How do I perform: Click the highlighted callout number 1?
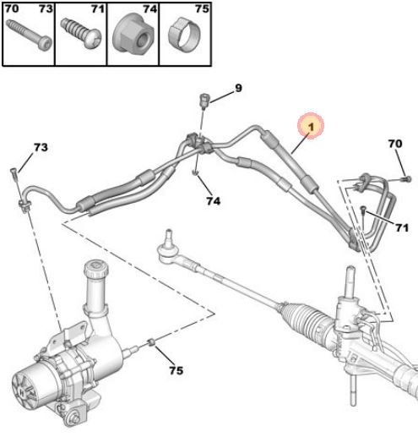click(x=311, y=126)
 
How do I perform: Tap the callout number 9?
click(x=238, y=88)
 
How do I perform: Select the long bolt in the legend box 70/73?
click(x=29, y=35)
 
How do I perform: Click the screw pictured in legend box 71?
click(x=81, y=34)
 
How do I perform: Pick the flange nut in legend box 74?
click(x=133, y=33)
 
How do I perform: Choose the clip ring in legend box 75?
click(x=184, y=35)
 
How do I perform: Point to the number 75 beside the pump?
click(x=176, y=370)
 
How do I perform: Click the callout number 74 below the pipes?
click(x=214, y=201)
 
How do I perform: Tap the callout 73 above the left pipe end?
click(x=41, y=147)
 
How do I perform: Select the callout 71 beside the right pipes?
click(x=402, y=227)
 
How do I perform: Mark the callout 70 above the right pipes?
click(x=395, y=144)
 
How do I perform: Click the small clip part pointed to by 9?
click(x=204, y=101)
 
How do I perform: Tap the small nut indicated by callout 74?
click(x=195, y=172)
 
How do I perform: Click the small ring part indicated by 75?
click(x=152, y=341)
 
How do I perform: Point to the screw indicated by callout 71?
click(x=363, y=211)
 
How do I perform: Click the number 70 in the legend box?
click(x=12, y=8)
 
